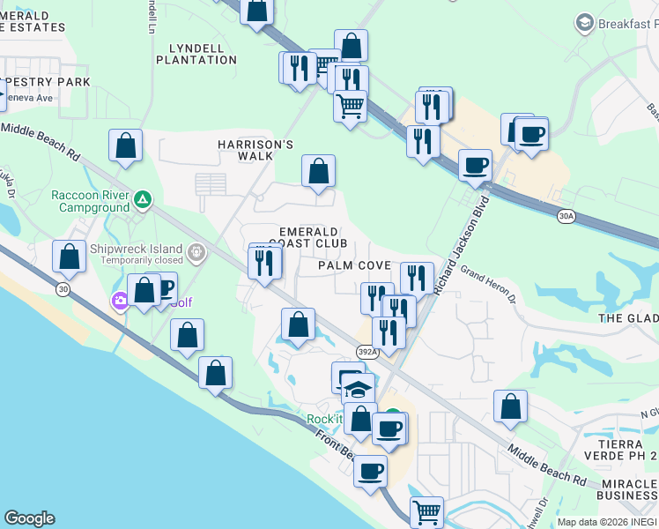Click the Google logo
click(x=29, y=518)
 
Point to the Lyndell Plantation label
click(x=196, y=53)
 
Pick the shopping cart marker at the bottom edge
click(x=426, y=511)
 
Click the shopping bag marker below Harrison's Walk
click(x=318, y=171)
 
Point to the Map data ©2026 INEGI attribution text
click(x=607, y=522)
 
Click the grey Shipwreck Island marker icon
click(x=196, y=254)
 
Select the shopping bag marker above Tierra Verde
click(x=510, y=406)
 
